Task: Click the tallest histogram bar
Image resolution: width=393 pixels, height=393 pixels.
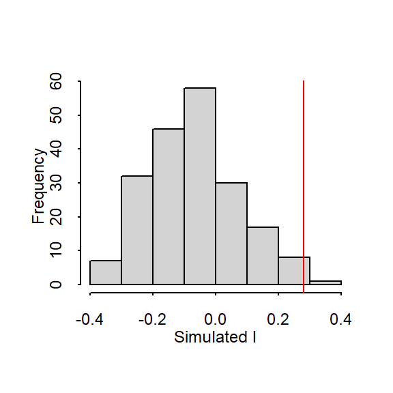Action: pos(200,186)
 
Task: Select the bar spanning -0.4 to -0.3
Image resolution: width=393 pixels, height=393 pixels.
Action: pos(106,272)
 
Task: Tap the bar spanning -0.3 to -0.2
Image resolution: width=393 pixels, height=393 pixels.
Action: pos(137,230)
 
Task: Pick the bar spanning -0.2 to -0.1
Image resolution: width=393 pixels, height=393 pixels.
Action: pos(169,207)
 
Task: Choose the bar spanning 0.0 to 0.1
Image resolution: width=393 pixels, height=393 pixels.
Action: pos(231,233)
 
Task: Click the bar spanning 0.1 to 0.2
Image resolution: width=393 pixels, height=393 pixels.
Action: pos(263,256)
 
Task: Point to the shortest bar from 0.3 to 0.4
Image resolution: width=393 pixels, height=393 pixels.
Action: pos(325,282)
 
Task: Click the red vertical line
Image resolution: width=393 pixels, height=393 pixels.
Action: pos(304,187)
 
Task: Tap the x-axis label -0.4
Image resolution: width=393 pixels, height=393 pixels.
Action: pos(89,319)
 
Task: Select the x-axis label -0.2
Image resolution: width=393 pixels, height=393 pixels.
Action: pos(152,319)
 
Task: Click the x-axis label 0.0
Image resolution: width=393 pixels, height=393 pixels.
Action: pos(216,319)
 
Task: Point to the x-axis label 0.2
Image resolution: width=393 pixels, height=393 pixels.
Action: pos(278,319)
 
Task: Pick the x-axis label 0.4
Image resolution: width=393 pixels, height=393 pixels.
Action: pos(341,319)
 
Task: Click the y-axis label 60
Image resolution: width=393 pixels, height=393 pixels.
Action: pos(56,81)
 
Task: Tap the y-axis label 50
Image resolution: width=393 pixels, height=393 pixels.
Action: pos(56,115)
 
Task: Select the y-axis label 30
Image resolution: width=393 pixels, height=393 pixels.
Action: pos(56,183)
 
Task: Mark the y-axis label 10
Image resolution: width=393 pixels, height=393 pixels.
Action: pos(56,250)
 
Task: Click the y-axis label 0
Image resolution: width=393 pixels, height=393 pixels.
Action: pos(56,285)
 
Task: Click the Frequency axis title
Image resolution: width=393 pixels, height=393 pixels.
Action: pos(38,186)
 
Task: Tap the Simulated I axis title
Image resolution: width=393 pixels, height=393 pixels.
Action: pos(215,337)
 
